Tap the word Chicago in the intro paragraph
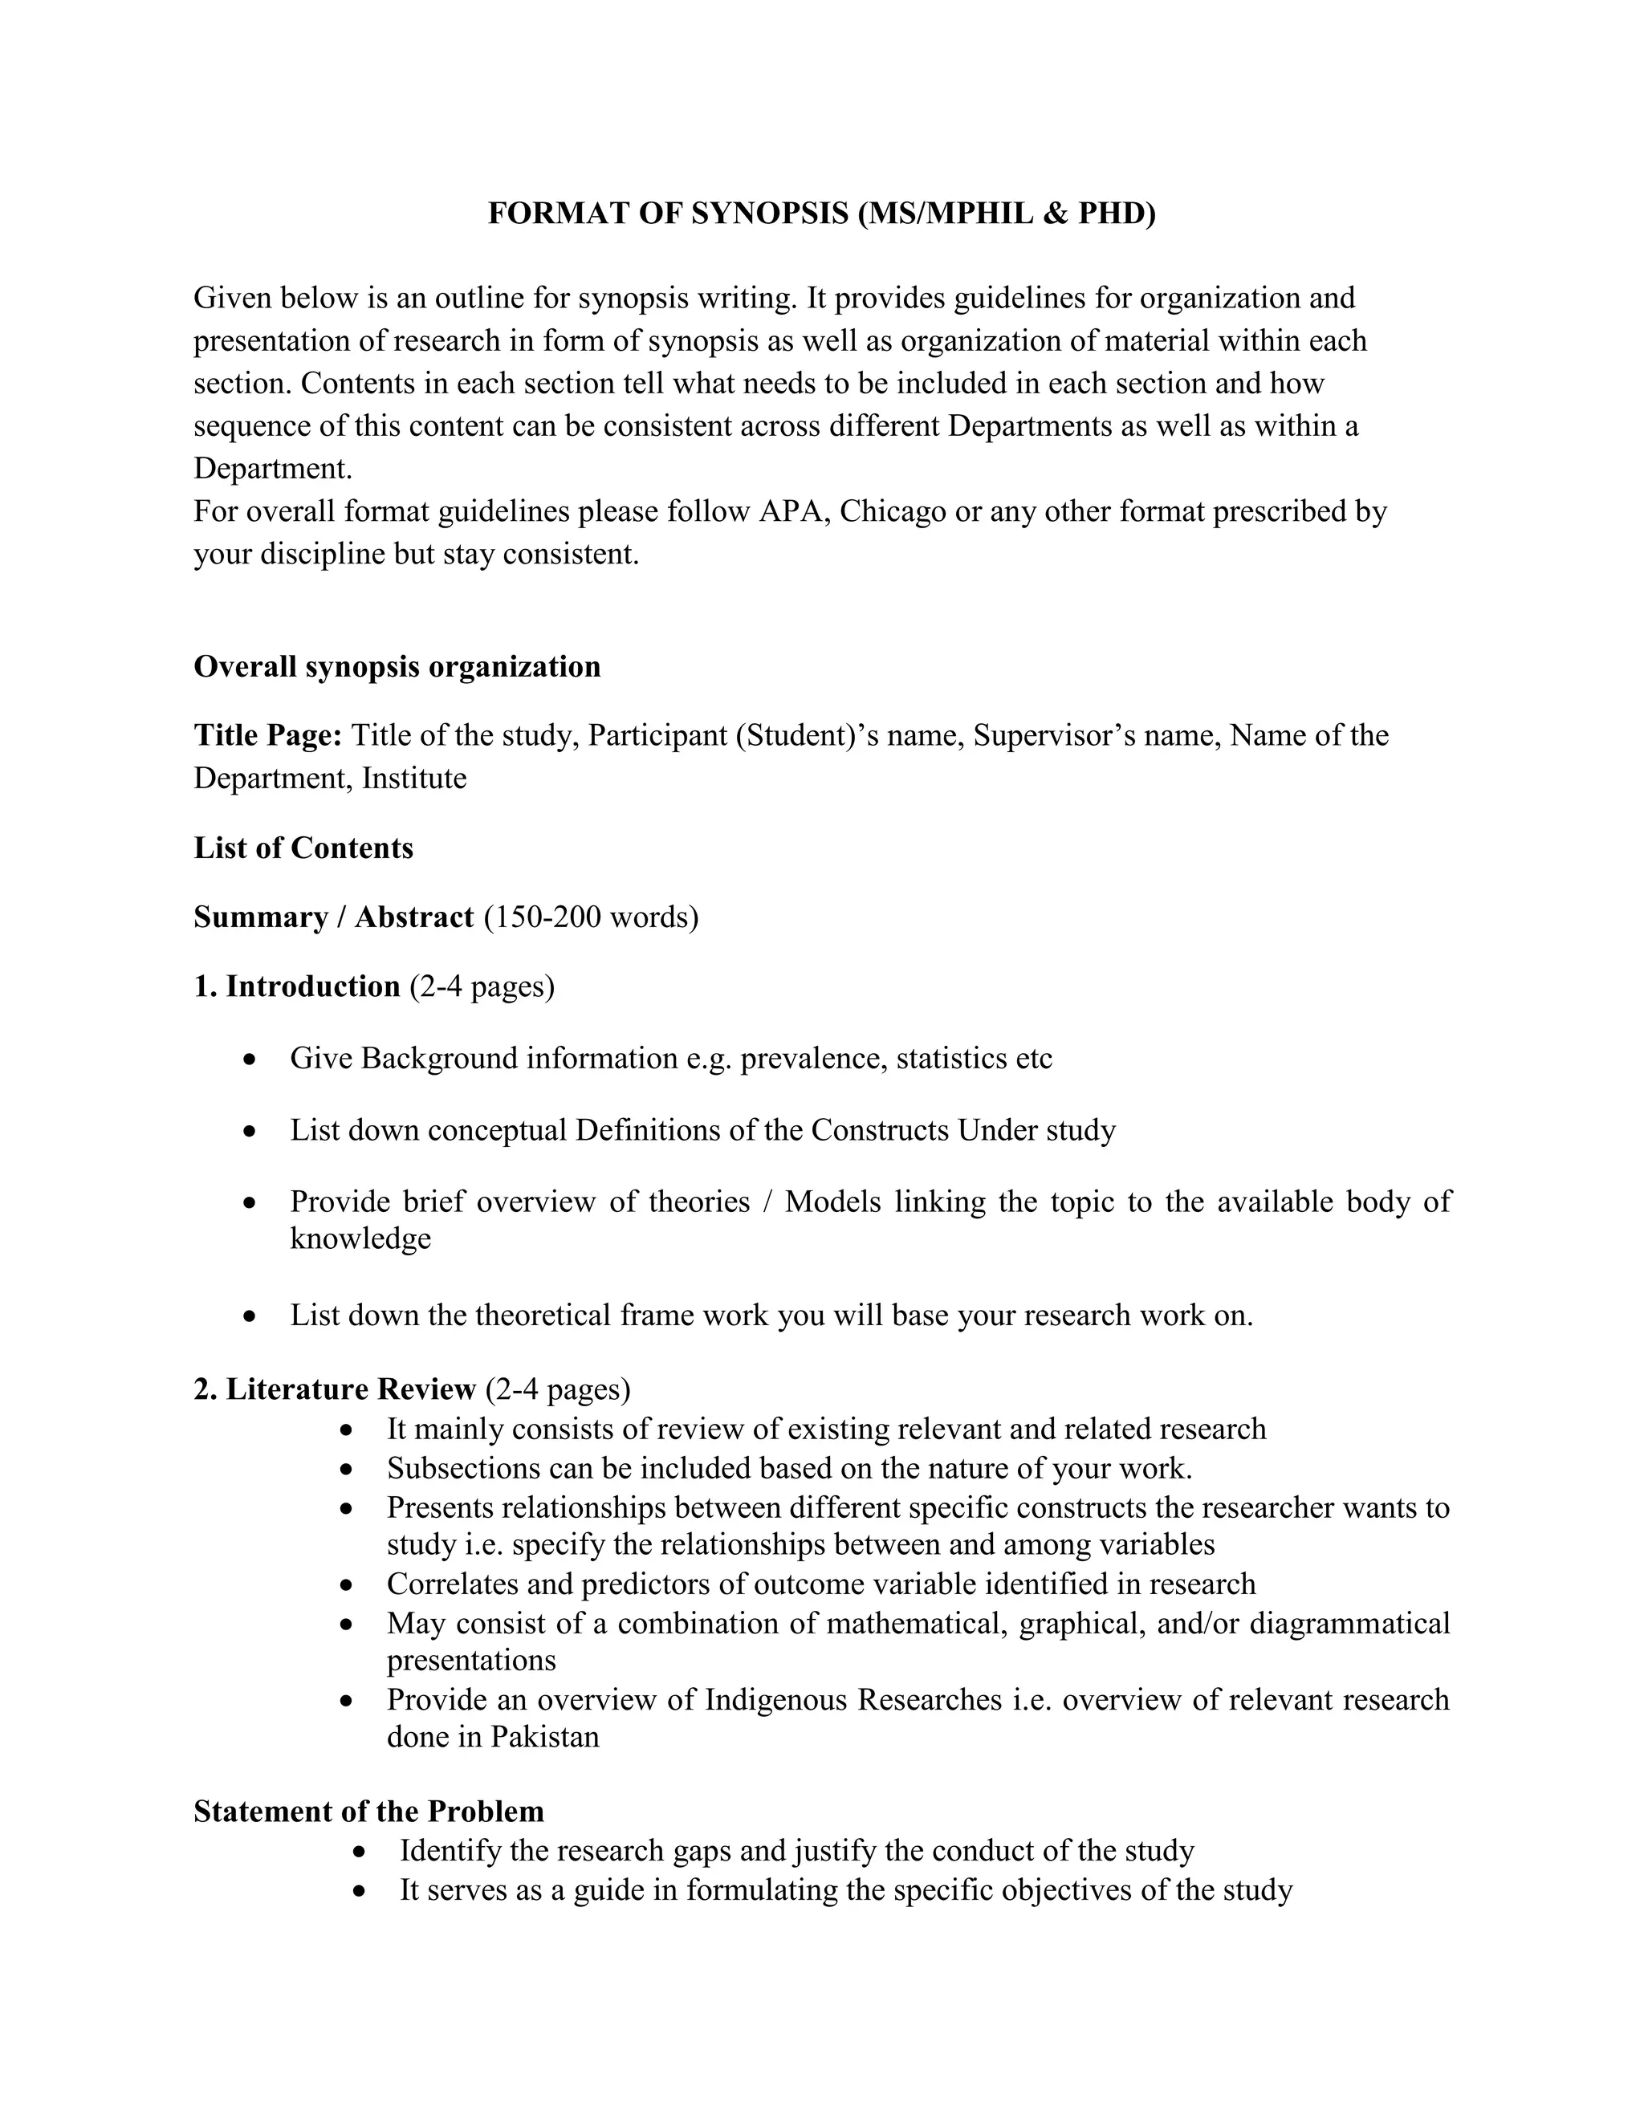pos(892,511)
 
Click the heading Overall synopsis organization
pos(397,667)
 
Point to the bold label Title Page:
pos(268,735)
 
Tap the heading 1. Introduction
pos(297,986)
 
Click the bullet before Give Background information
pos(251,1059)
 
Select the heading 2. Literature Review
pos(334,1389)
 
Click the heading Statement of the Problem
pos(368,1812)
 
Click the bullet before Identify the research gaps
pos(361,1852)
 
